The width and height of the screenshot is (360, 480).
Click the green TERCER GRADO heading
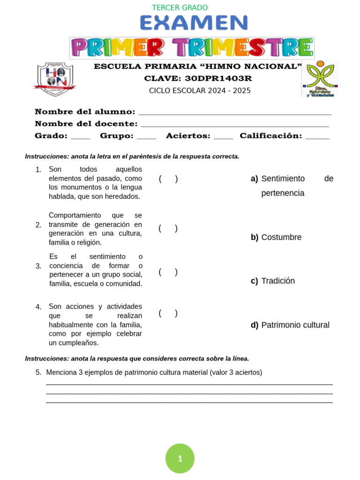point(180,8)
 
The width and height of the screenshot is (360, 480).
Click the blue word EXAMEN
point(194,23)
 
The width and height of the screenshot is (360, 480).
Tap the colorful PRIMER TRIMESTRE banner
point(192,48)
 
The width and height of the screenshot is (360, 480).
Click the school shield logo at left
point(55,79)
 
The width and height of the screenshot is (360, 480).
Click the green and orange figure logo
point(320,79)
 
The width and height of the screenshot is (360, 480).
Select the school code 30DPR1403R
point(218,78)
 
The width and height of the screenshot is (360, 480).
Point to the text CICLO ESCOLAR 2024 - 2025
point(200,90)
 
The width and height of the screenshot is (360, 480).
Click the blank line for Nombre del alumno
point(235,113)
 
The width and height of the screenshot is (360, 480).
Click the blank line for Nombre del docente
point(235,126)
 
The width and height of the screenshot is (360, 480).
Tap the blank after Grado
point(80,137)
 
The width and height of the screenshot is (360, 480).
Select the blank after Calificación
point(317,137)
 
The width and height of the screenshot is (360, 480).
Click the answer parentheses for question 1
point(168,179)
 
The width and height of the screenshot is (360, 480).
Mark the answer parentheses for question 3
point(168,272)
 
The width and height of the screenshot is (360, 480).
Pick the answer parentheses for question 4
point(168,314)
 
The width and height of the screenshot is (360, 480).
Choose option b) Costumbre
point(276,237)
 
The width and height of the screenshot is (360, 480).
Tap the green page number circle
point(180,458)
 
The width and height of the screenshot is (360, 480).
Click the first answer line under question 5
point(189,384)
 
